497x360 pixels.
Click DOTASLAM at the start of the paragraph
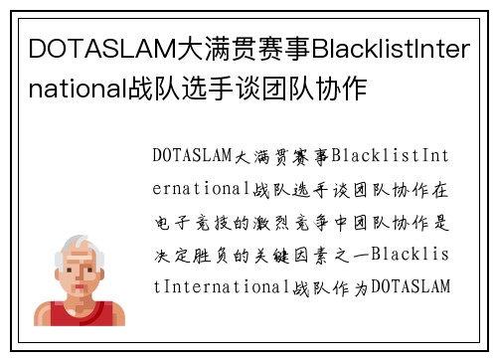pyautogui.click(x=192, y=156)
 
